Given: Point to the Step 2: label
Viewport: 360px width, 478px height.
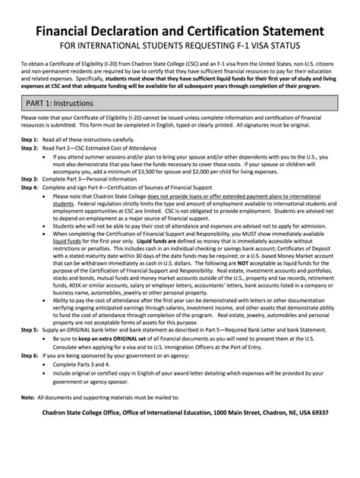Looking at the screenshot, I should click(x=29, y=149).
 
